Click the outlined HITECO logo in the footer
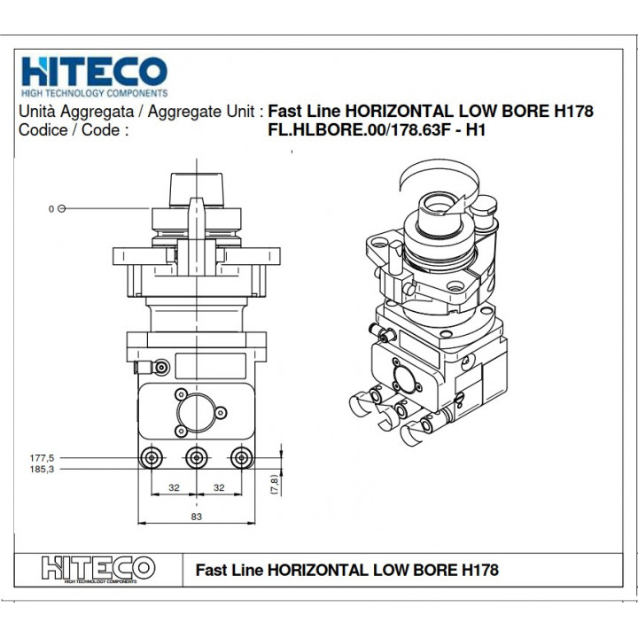click(97, 567)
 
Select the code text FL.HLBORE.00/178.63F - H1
click(378, 129)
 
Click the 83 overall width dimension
click(198, 517)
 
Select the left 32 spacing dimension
click(174, 488)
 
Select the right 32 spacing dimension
click(219, 488)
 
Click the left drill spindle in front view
click(152, 457)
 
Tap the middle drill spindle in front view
click(196, 457)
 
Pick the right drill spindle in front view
click(240, 457)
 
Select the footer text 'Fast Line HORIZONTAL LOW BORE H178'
click(346, 570)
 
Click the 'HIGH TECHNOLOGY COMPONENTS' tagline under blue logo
click(93, 93)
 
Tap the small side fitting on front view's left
click(159, 365)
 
